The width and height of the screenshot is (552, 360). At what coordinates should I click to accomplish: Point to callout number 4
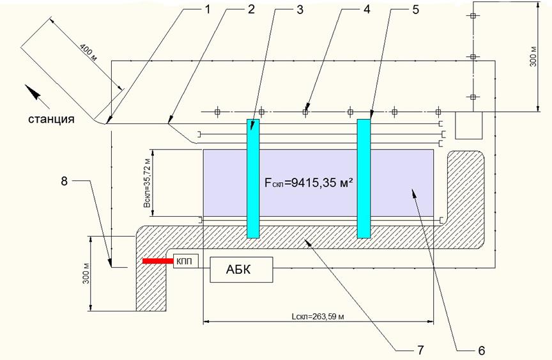(366, 10)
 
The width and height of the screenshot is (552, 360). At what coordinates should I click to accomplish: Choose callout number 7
(420, 350)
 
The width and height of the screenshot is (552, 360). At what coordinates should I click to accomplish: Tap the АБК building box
(242, 269)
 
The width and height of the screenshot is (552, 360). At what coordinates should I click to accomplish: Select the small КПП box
(186, 261)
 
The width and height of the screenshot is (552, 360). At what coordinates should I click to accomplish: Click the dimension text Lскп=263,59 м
(318, 317)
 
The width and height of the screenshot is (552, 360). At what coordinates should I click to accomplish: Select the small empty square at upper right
(469, 125)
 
